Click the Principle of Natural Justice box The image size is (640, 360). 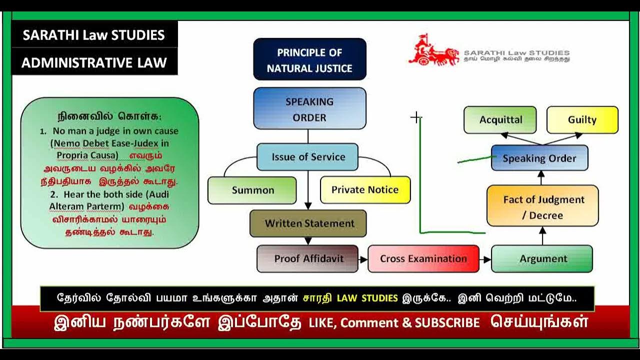coord(309,59)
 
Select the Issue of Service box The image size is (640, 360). coord(308,157)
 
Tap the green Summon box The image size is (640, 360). coord(252,190)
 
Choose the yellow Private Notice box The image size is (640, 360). coord(365,190)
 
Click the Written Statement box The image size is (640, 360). coord(308,223)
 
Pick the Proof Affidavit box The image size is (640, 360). coord(307,258)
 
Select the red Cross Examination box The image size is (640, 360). coord(423,258)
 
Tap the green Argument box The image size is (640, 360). coord(542,258)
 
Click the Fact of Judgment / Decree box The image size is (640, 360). coord(542,207)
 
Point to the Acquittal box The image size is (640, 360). coord(500,120)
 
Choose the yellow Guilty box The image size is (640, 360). coord(582,120)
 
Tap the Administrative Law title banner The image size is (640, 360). coord(94,63)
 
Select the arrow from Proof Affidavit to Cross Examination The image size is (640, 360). coord(363,259)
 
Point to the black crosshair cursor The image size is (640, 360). coord(415,117)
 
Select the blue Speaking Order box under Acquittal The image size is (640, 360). coord(539,158)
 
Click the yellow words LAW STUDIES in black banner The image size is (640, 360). coord(367,298)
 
